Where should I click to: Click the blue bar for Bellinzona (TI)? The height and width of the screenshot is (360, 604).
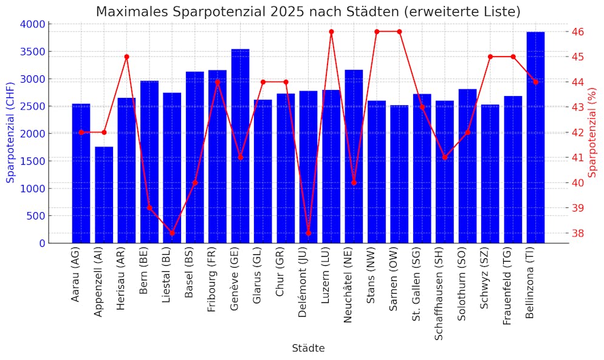pyautogui.click(x=535, y=137)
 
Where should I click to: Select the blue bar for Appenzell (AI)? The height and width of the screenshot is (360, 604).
pyautogui.click(x=104, y=195)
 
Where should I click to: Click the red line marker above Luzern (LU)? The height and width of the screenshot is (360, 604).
pyautogui.click(x=331, y=32)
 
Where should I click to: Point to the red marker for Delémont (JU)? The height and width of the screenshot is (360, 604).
pyautogui.click(x=309, y=233)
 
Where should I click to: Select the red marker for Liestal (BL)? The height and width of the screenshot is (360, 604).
pyautogui.click(x=172, y=233)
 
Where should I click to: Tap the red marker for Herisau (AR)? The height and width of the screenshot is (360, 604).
pyautogui.click(x=126, y=57)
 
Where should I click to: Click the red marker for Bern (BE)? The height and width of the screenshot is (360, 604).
pyautogui.click(x=149, y=208)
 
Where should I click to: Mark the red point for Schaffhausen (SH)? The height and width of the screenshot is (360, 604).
pyautogui.click(x=445, y=157)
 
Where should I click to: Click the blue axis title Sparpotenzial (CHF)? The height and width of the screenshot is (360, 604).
pyautogui.click(x=10, y=133)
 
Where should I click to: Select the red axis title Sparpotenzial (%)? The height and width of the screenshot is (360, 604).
pyautogui.click(x=593, y=133)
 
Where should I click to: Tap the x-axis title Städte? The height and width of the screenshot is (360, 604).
pyautogui.click(x=308, y=348)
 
